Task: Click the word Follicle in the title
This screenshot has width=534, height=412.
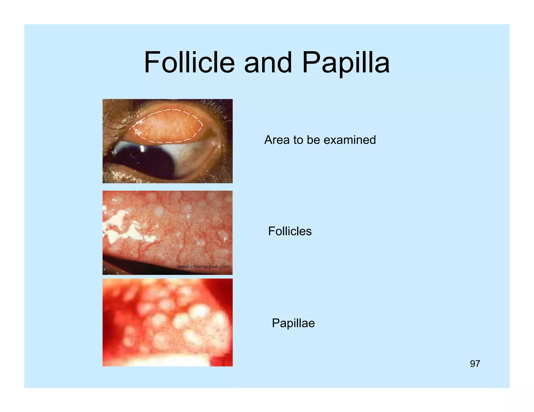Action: [x=189, y=63]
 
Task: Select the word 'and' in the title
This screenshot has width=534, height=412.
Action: [x=268, y=63]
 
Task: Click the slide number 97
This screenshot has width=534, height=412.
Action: [x=475, y=364]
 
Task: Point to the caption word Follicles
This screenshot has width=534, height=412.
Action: [x=290, y=231]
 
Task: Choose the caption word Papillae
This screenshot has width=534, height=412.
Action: [x=293, y=323]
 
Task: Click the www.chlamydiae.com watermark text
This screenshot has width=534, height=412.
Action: [x=203, y=266]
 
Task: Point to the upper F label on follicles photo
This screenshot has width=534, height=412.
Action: [x=189, y=216]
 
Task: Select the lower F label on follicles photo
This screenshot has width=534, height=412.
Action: [x=226, y=240]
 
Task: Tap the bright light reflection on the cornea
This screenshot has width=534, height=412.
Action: [x=142, y=148]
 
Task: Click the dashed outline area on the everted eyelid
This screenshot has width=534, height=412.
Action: [x=167, y=126]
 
